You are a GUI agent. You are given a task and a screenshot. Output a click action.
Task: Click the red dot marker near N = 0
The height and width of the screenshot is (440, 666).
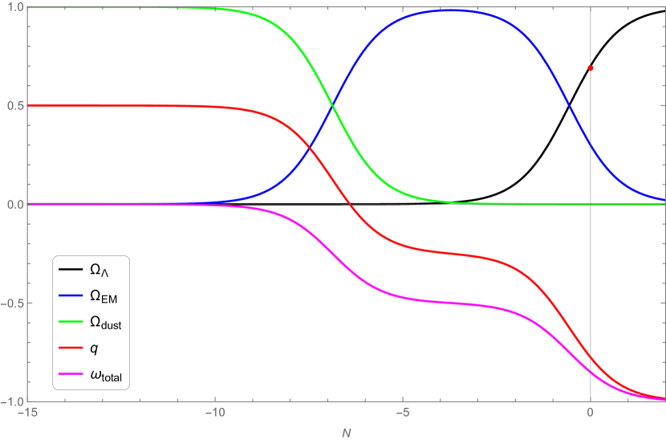(x=591, y=68)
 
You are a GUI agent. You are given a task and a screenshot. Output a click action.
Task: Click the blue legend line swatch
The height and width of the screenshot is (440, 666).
(x=71, y=295)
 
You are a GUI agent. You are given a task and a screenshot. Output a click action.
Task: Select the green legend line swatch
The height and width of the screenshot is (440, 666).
(x=71, y=321)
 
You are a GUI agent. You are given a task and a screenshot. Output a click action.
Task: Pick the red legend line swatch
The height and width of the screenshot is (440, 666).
(x=71, y=348)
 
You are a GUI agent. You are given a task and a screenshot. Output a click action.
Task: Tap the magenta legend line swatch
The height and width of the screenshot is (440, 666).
(x=71, y=373)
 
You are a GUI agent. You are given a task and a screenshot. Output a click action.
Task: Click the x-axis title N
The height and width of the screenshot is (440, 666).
(x=347, y=433)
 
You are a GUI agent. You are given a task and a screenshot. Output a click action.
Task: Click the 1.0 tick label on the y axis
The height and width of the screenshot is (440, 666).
(x=14, y=8)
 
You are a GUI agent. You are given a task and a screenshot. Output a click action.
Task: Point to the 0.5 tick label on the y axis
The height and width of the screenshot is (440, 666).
(x=14, y=106)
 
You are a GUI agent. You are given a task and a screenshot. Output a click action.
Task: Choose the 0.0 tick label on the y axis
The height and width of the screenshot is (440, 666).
(x=14, y=205)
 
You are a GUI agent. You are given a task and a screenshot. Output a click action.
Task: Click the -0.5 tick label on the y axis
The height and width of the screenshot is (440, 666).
(x=13, y=303)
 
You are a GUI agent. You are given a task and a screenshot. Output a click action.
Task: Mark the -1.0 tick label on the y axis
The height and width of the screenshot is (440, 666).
(x=13, y=401)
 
